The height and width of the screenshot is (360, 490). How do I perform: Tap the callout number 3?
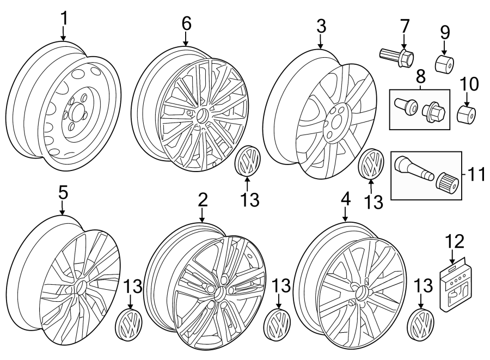click(321, 26)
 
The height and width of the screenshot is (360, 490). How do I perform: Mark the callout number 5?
click(63, 192)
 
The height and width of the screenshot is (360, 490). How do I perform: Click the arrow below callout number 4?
click(346, 215)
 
